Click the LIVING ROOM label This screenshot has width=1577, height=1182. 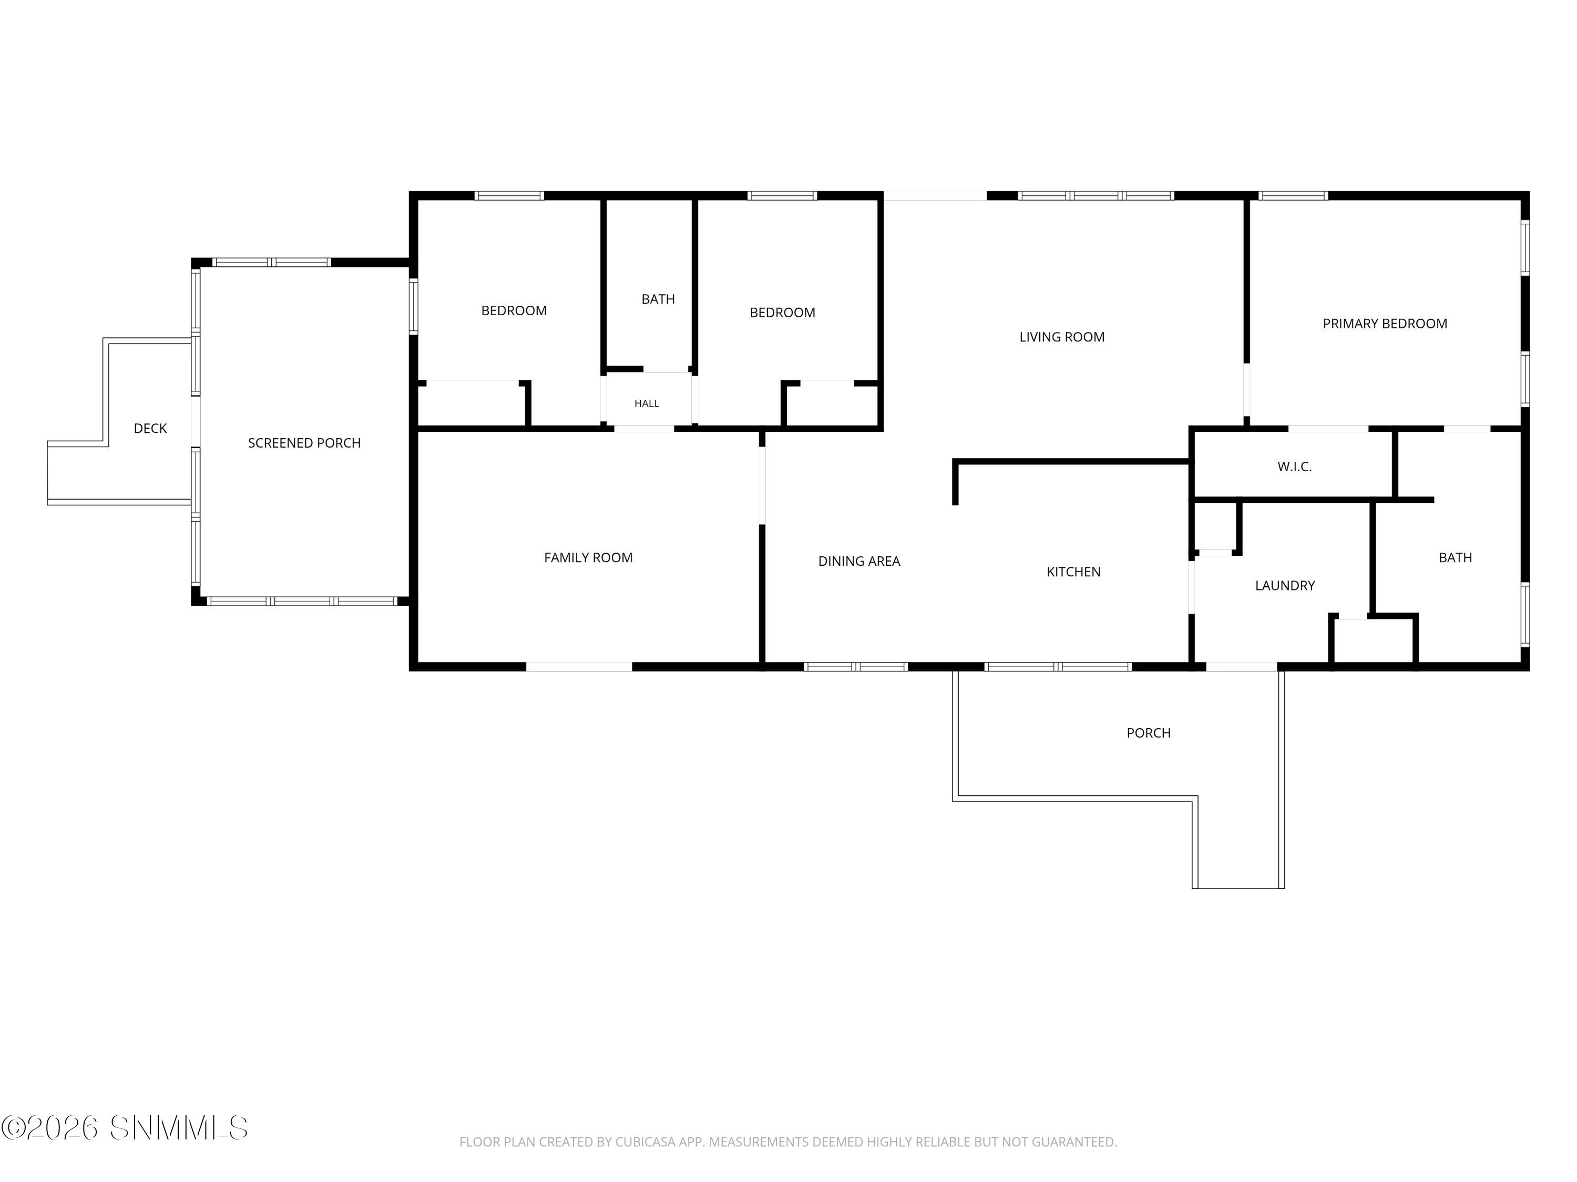[x=1061, y=337]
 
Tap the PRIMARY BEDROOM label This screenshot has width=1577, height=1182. [x=1385, y=324]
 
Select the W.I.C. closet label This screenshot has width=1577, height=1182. [x=1295, y=466]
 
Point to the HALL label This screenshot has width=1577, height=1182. [x=647, y=403]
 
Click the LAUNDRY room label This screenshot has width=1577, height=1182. [x=1285, y=586]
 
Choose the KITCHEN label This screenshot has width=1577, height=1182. [x=1073, y=572]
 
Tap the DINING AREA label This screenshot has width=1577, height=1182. [x=859, y=562]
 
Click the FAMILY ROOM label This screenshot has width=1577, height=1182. [x=588, y=558]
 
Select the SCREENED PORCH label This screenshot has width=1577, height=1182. [x=304, y=443]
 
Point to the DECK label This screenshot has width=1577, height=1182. [x=150, y=428]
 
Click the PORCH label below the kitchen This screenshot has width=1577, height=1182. [x=1149, y=733]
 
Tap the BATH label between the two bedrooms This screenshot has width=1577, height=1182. [x=658, y=299]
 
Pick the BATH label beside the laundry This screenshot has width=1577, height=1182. [x=1455, y=558]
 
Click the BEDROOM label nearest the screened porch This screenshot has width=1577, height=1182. [x=514, y=310]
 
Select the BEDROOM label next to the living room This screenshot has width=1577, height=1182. [x=782, y=313]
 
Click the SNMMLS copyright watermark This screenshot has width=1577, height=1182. [x=125, y=1128]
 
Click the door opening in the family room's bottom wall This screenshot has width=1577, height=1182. [x=579, y=667]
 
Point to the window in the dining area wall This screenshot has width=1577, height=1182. [x=855, y=667]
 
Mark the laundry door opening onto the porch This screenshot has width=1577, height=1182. [x=1241, y=667]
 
